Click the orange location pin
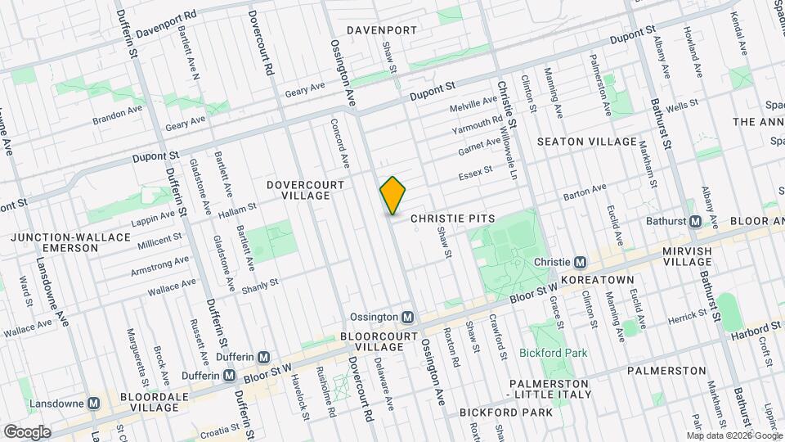393,195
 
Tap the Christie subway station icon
580,262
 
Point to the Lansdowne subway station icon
94,404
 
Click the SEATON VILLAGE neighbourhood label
586,142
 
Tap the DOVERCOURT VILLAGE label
298,190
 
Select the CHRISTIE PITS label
449,219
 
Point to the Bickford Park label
554,354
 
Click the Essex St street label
475,173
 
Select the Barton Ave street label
585,192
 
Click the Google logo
26,432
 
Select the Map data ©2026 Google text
733,435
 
